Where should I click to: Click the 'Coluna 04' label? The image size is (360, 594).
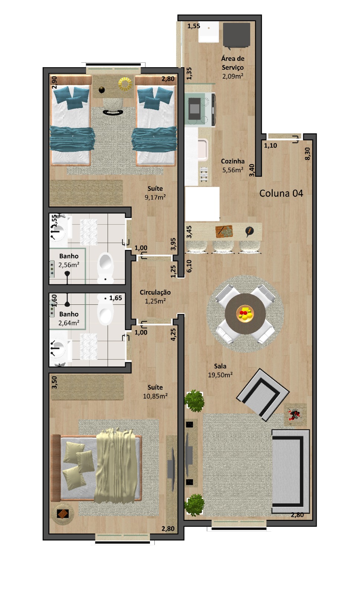pos(281,193)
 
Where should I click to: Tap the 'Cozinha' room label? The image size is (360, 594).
pos(233,161)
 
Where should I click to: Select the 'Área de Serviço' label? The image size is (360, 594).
pos(233,63)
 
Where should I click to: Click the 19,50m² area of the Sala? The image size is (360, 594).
pos(220,375)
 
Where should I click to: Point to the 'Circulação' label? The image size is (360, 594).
pos(155,293)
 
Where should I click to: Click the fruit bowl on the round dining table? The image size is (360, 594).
pos(245,314)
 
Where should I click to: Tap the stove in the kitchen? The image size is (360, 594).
pos(200,109)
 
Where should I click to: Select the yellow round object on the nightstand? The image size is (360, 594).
pos(125,84)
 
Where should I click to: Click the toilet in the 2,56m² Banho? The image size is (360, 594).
pos(105,267)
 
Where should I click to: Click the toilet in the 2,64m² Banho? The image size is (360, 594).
pos(105,309)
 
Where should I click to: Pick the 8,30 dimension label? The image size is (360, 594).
pos(307,154)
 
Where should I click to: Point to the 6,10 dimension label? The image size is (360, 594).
pos(189,266)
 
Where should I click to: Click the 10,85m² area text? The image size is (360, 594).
pos(155,396)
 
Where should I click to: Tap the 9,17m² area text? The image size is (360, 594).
pos(155,197)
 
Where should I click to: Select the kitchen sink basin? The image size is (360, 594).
pos(203,150)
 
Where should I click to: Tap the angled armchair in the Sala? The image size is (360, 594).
pos(263,395)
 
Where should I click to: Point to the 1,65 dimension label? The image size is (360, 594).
pos(115,298)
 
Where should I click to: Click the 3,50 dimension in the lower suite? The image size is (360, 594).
pos(54,382)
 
